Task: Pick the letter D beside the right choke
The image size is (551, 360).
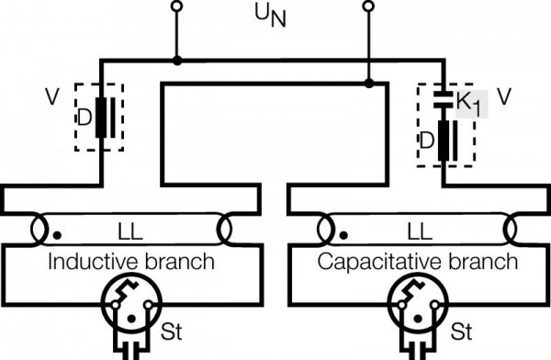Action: (x=427, y=140)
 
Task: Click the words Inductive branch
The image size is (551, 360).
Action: (x=130, y=262)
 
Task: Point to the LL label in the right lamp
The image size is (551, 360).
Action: (x=416, y=225)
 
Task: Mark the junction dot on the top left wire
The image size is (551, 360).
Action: (x=177, y=60)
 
